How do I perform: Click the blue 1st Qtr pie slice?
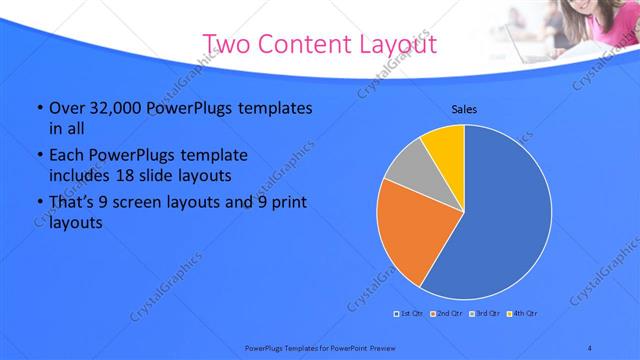click(x=510, y=220)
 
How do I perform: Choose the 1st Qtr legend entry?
click(x=410, y=314)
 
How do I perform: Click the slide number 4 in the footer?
click(x=589, y=347)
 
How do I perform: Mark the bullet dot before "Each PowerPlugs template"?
click(x=39, y=156)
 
